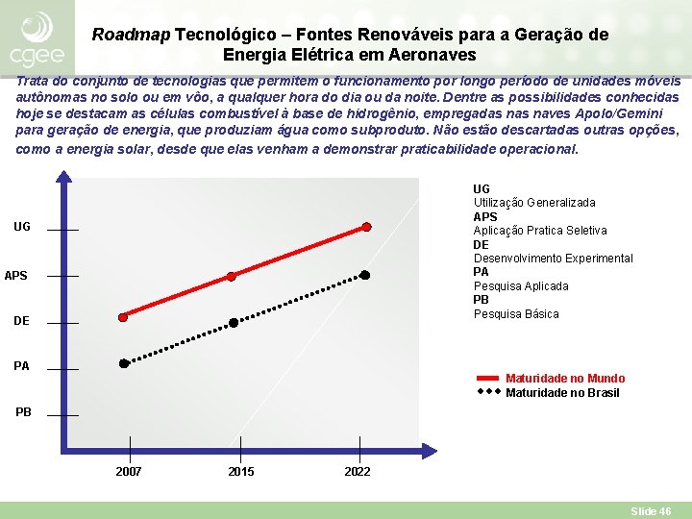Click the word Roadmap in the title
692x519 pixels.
coord(131,35)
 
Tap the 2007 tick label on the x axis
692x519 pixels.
coord(129,472)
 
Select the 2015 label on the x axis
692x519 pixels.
coord(241,472)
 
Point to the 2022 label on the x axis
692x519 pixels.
coord(357,472)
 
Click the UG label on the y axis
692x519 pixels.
coord(22,228)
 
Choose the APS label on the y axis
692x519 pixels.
coord(16,277)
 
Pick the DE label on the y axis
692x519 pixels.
coord(22,322)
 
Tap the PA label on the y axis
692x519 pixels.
coord(22,366)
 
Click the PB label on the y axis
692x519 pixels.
coord(23,412)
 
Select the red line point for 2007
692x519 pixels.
coord(123,317)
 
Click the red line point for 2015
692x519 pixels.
coord(232,277)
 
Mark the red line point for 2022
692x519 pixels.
coord(366,228)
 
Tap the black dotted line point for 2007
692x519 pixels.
coord(124,363)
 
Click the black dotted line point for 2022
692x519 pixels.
coord(365,275)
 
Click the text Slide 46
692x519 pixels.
coord(651,511)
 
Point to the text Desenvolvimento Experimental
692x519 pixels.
coord(553,259)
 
